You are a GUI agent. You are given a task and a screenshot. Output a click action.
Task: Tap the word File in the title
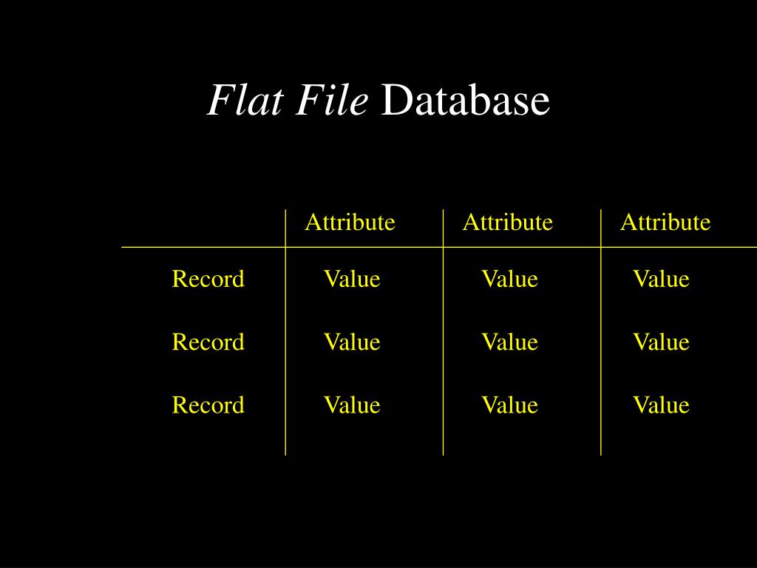click(332, 101)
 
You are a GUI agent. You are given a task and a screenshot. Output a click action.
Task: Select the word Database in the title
click(465, 101)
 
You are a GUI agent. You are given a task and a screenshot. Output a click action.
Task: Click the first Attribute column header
click(350, 222)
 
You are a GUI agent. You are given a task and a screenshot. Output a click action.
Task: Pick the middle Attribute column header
click(507, 222)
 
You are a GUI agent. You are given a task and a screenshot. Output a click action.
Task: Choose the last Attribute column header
click(665, 222)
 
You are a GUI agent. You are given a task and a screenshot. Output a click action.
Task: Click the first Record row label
click(208, 279)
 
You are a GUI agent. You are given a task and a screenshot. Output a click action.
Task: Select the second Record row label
click(208, 342)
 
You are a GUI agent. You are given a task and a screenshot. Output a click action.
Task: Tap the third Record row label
click(208, 405)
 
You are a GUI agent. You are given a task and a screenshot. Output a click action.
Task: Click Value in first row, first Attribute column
click(351, 279)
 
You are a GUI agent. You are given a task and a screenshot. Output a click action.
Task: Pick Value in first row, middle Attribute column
click(509, 279)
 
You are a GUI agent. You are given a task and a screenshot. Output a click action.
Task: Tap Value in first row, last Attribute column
click(660, 279)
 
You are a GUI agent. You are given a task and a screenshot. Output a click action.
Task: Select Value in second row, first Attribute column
click(351, 342)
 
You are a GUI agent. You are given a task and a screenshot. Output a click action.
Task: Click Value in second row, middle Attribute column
click(509, 342)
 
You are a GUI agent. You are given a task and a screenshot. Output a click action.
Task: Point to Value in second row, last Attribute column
click(660, 342)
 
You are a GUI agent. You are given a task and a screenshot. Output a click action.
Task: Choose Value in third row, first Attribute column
click(351, 405)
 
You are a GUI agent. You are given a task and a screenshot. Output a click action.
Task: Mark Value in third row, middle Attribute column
click(509, 405)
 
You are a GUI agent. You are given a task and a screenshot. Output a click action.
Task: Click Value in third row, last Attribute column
click(660, 405)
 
